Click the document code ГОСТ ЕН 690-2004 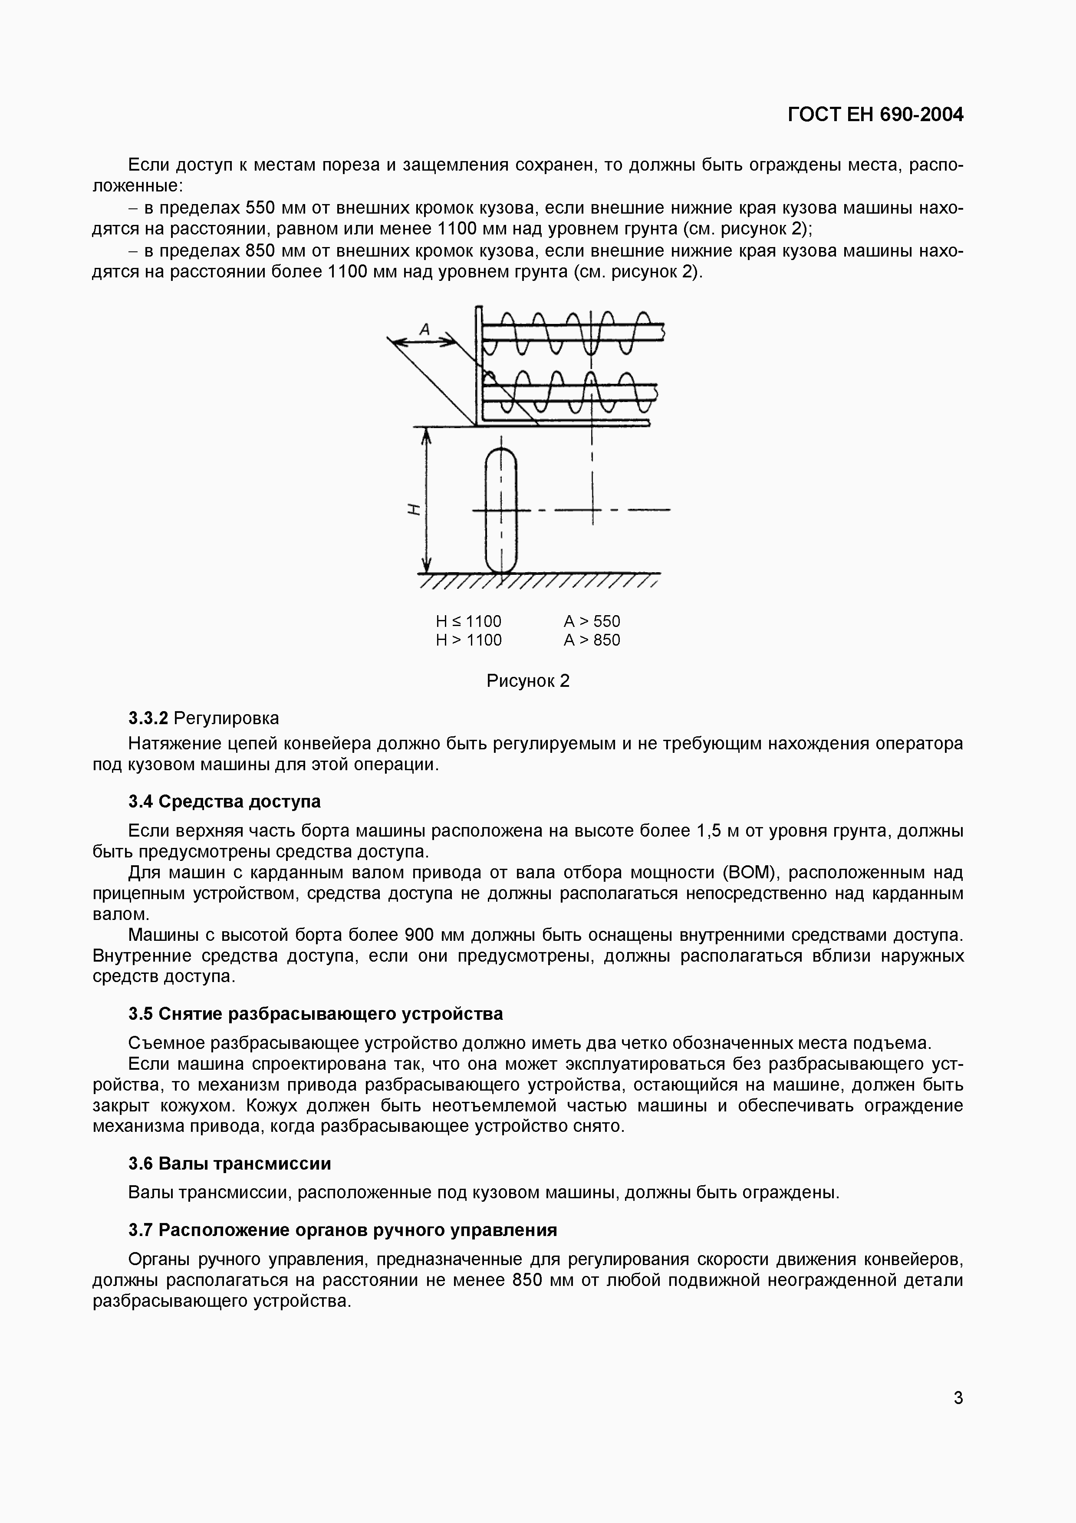[875, 115]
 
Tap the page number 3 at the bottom [958, 1398]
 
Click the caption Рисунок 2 [528, 681]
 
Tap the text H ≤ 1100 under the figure [468, 622]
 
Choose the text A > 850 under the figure [591, 640]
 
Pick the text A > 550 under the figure [591, 622]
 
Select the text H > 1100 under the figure [468, 640]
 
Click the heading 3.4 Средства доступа [224, 801]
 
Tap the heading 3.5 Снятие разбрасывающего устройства [315, 1014]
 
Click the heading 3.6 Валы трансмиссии [229, 1164]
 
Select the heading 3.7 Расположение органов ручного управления [342, 1230]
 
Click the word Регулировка [226, 719]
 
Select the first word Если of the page [148, 165]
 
